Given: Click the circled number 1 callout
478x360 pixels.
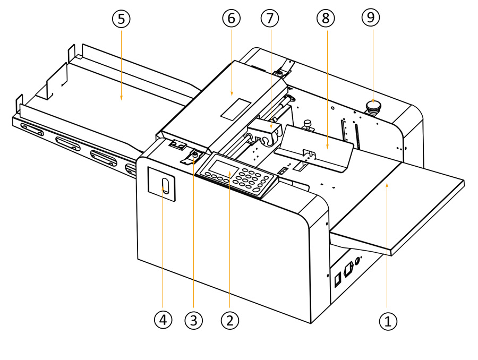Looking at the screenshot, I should tap(388, 320).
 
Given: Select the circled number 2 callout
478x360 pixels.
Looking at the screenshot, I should tap(229, 320).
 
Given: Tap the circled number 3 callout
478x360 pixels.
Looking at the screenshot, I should tap(193, 320).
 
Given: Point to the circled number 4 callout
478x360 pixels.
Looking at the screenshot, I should tap(163, 320).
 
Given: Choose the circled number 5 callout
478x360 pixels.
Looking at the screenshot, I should tap(121, 19).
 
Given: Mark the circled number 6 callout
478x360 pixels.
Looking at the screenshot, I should tap(231, 19).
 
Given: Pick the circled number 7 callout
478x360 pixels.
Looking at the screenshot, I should tap(269, 19).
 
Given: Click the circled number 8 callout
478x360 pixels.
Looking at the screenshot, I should tap(326, 19).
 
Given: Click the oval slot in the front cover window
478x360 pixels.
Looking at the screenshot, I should tap(165, 186).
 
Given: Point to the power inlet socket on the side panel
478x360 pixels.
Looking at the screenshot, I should tap(349, 269).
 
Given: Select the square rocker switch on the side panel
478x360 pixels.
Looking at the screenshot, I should tap(337, 279).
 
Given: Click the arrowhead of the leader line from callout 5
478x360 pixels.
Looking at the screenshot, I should tap(121, 98).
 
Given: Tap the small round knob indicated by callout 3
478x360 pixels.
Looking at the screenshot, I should tap(195, 155).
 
